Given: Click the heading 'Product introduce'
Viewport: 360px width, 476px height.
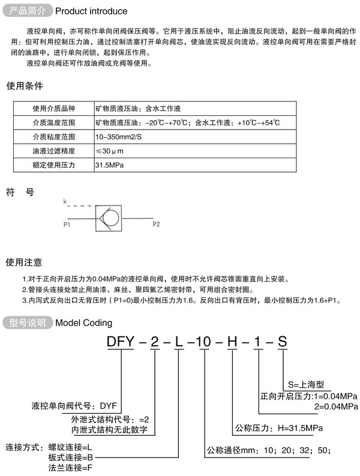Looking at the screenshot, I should point(91,11).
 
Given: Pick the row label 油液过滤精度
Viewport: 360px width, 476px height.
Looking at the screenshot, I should point(53,150).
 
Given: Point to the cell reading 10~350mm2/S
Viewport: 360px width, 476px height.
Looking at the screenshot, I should point(119,137).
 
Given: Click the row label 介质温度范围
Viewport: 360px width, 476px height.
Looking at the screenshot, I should point(53,123).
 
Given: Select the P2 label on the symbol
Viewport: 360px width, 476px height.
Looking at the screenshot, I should point(156,225).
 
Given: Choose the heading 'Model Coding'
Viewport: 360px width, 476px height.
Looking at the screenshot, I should point(83,323).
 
